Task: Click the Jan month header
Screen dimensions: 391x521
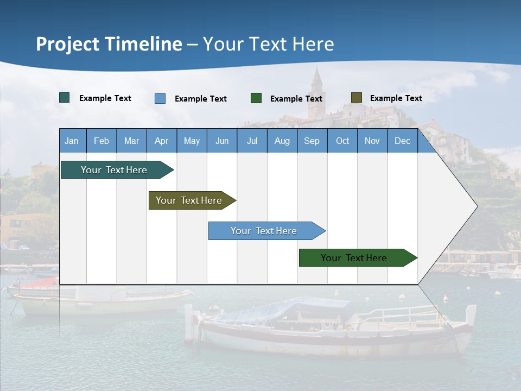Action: [x=72, y=141]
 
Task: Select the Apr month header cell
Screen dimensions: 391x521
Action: [x=162, y=141]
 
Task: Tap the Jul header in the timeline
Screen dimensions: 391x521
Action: [x=252, y=141]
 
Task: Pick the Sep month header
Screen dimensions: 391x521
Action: [x=312, y=141]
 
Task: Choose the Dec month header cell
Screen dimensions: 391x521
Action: [x=402, y=141]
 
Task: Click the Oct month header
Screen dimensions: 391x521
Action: [x=342, y=141]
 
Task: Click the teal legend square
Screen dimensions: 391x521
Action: [x=65, y=98]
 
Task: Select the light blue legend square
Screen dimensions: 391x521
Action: [x=160, y=98]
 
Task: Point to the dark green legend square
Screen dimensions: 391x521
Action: [x=256, y=98]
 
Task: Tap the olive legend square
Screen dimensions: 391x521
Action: [x=357, y=98]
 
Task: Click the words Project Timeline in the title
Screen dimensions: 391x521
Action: [x=109, y=44]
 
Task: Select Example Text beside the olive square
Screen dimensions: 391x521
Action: [x=396, y=98]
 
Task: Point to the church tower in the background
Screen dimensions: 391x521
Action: [x=316, y=92]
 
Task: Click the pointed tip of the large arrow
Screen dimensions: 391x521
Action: [x=476, y=206]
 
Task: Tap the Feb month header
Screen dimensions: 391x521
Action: [x=101, y=141]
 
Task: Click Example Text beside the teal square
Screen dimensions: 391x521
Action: [x=105, y=98]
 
